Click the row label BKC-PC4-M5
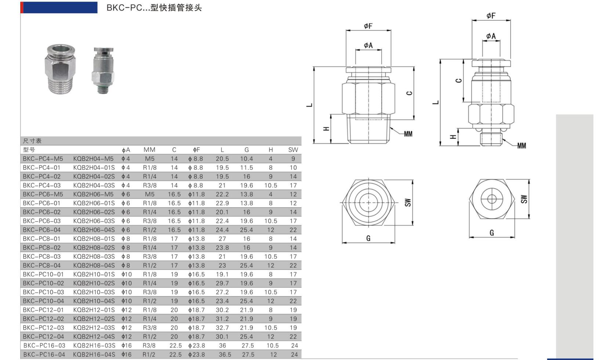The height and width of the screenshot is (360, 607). click(x=43, y=159)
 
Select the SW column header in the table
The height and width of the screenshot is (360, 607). click(x=293, y=150)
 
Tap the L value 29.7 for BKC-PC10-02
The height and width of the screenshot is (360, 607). click(x=222, y=283)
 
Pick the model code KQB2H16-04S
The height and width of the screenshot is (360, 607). click(x=94, y=354)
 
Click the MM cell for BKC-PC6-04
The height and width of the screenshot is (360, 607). click(x=149, y=230)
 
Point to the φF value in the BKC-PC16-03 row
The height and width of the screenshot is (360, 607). click(x=196, y=346)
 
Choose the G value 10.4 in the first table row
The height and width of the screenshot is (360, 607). click(x=246, y=159)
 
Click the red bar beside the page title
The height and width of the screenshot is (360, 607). click(x=22, y=7)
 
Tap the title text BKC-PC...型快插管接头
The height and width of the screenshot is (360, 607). click(x=154, y=8)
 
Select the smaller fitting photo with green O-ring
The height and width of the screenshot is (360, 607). click(x=103, y=70)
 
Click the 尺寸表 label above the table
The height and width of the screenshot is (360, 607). click(x=32, y=141)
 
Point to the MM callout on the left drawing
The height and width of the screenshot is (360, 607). click(x=408, y=134)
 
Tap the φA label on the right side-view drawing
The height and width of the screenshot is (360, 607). click(x=491, y=36)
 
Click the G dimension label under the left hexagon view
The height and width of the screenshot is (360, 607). click(x=368, y=239)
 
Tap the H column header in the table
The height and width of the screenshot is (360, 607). click(x=270, y=150)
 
